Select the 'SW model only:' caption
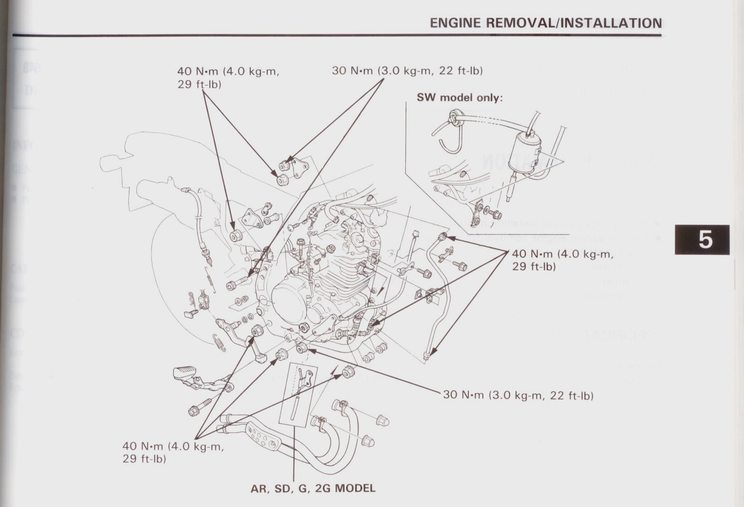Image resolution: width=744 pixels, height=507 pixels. [459, 98]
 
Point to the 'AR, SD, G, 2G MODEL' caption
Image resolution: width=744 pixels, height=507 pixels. [313, 488]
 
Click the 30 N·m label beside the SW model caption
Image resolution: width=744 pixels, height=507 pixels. [407, 71]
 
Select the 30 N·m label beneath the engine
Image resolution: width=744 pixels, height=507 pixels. [518, 395]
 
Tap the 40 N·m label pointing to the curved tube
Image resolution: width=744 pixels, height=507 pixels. [562, 260]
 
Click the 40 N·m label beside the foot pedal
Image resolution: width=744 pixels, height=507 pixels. [173, 452]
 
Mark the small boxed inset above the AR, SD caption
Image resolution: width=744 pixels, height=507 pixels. [298, 393]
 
